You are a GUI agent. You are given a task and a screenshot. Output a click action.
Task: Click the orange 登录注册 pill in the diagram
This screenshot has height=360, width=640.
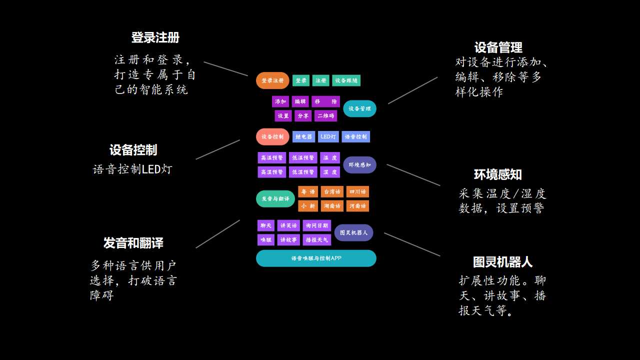pyautogui.click(x=272, y=80)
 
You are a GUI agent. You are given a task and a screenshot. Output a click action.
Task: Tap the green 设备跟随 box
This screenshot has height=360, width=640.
pyautogui.click(x=346, y=80)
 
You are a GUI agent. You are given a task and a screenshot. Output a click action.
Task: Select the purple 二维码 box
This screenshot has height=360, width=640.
pyautogui.click(x=325, y=116)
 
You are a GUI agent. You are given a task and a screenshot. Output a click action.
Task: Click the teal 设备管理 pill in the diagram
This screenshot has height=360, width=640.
pyautogui.click(x=359, y=108)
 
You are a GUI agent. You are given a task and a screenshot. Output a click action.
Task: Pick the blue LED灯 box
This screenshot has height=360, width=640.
pyautogui.click(x=328, y=136)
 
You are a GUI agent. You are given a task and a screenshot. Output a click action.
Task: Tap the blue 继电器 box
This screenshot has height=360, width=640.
pyautogui.click(x=303, y=136)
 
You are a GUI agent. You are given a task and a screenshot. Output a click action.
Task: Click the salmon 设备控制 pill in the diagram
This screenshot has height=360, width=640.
pyautogui.click(x=272, y=136)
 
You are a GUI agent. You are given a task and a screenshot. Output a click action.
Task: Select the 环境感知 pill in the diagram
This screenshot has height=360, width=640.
pyautogui.click(x=359, y=165)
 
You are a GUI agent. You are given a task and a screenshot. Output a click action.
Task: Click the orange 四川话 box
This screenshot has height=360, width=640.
pyautogui.click(x=357, y=192)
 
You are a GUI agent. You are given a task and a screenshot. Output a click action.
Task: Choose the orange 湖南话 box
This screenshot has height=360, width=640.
pyautogui.click(x=332, y=206)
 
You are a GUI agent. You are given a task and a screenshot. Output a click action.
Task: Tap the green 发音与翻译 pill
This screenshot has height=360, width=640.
pyautogui.click(x=275, y=198)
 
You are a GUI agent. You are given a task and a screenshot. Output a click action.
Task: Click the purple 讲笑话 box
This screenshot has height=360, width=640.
pyautogui.click(x=288, y=225)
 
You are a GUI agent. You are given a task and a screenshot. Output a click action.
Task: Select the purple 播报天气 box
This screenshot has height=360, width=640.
pyautogui.click(x=317, y=240)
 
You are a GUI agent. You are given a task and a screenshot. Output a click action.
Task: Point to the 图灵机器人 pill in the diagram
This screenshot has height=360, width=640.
pyautogui.click(x=353, y=232)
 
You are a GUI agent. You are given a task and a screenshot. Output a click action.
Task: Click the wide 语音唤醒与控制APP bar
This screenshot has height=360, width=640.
pyautogui.click(x=316, y=258)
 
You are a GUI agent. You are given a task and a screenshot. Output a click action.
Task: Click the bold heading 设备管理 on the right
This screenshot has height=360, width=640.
pyautogui.click(x=498, y=47)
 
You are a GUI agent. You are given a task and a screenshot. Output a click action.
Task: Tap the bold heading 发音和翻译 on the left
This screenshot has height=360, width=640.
pyautogui.click(x=133, y=243)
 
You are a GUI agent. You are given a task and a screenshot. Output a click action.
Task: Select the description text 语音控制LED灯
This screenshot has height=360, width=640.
pyautogui.click(x=132, y=169)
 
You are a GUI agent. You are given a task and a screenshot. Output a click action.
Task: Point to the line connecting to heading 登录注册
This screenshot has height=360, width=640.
pyautogui.click(x=225, y=69)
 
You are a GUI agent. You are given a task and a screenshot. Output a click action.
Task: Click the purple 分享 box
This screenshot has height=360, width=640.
pyautogui.click(x=303, y=116)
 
